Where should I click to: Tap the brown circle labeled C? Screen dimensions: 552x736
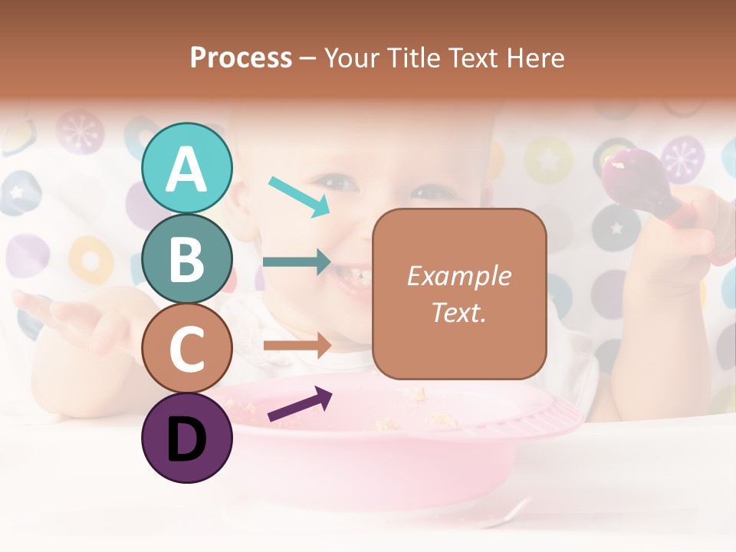(x=187, y=348)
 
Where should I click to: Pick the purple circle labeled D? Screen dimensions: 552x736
(x=187, y=438)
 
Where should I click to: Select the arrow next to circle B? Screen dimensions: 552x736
(x=297, y=262)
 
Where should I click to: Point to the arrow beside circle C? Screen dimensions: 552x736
(x=297, y=346)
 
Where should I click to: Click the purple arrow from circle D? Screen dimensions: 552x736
(x=300, y=404)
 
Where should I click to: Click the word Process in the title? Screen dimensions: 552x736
(x=241, y=58)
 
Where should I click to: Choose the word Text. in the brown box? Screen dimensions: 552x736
(x=458, y=313)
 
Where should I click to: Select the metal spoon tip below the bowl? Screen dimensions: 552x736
(x=510, y=511)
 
